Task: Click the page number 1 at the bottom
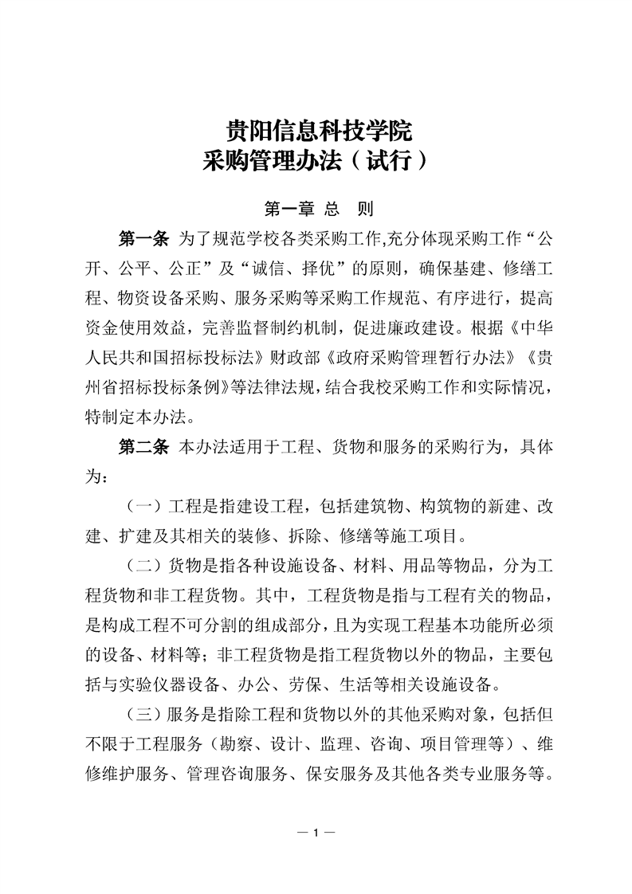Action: pyautogui.click(x=316, y=833)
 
